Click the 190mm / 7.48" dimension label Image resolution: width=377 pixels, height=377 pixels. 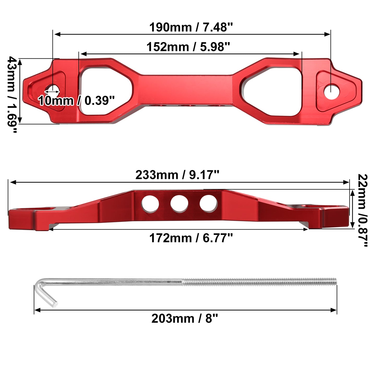coord(191,27)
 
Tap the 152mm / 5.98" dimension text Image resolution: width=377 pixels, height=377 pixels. coord(188,47)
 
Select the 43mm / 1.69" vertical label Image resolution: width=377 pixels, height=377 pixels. coord(12,94)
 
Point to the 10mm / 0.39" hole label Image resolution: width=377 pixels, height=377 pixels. coord(76,100)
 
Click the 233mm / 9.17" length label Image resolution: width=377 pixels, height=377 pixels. coord(177,175)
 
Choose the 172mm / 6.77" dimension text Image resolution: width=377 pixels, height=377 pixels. coord(191,238)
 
